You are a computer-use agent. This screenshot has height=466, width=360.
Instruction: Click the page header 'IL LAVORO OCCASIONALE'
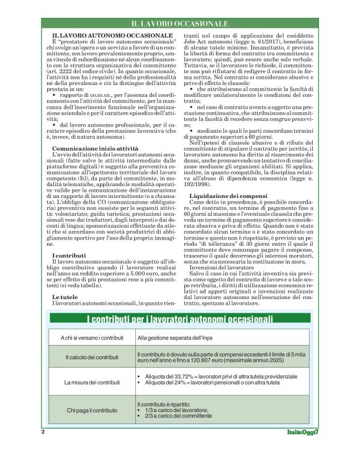tap(179, 24)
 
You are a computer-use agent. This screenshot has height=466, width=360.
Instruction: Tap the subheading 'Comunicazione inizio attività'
tap(94, 150)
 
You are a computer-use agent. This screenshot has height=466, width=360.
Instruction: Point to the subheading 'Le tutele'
tap(65, 297)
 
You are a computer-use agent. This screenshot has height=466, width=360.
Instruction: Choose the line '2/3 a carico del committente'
tap(177, 416)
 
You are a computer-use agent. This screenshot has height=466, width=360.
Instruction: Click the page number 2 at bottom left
tap(42, 431)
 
